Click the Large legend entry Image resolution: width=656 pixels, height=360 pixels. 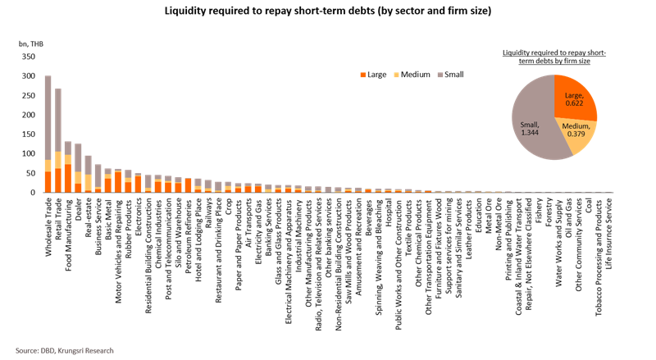(375, 75)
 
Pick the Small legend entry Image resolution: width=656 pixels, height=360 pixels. (451, 75)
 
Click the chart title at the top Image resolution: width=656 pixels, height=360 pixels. (328, 11)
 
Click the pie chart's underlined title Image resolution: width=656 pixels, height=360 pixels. (554, 57)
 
